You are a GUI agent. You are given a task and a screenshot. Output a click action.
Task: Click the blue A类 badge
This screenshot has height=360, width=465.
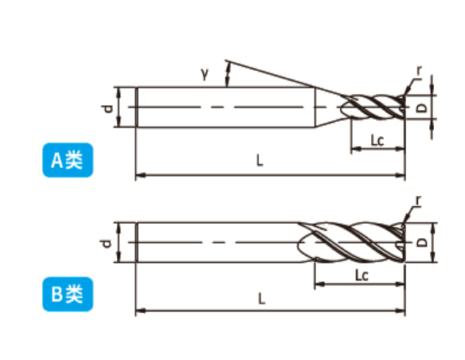pyautogui.click(x=68, y=160)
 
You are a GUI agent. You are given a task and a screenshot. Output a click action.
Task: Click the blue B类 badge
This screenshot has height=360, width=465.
pyautogui.click(x=68, y=294)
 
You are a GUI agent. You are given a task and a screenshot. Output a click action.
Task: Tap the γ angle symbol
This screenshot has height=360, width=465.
pyautogui.click(x=205, y=73)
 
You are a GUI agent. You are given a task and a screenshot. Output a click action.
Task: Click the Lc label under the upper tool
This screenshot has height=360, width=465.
pyautogui.click(x=377, y=140)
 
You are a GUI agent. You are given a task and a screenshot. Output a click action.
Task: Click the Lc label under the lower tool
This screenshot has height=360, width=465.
pyautogui.click(x=361, y=276)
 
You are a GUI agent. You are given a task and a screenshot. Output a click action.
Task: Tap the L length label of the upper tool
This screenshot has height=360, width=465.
pyautogui.click(x=260, y=161)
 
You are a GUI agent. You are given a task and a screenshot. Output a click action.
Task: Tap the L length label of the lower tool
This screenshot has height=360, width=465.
pyautogui.click(x=261, y=299)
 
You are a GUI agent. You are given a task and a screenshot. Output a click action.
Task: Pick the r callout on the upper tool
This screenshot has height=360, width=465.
pyautogui.click(x=419, y=71)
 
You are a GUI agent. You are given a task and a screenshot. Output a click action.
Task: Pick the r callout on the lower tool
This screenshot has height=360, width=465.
pyautogui.click(x=418, y=201)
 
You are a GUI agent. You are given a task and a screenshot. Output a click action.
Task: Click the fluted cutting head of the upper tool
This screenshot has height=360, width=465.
pyautogui.click(x=373, y=108)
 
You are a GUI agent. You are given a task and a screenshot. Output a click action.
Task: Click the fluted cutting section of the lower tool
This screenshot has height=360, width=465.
pyautogui.click(x=351, y=242)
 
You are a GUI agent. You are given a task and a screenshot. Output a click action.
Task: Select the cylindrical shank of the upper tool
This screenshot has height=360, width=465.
pyautogui.click(x=225, y=107)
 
